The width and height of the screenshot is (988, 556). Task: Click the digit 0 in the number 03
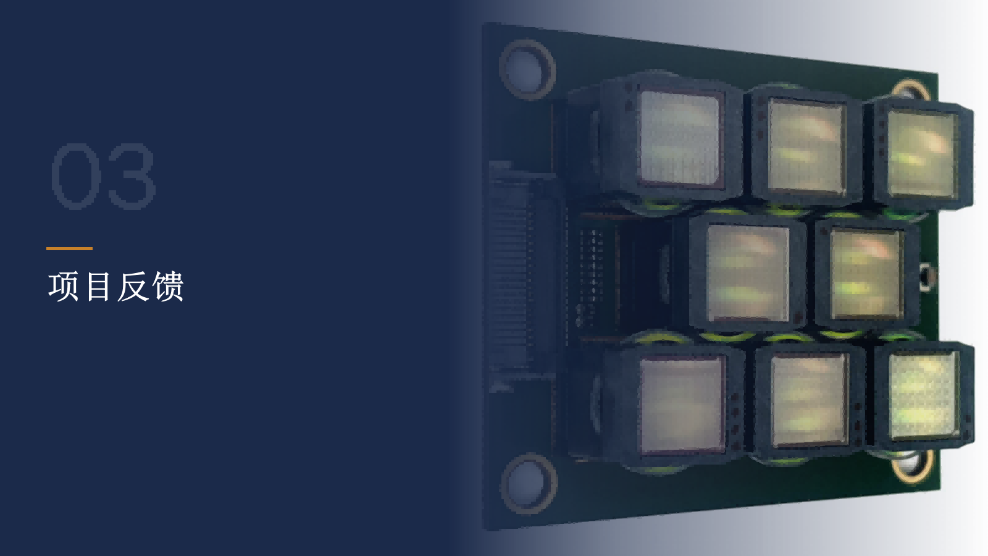(76, 176)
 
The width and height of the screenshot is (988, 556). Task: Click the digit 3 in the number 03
(132, 176)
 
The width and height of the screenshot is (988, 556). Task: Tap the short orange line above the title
(69, 248)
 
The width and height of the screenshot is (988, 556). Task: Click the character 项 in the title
(63, 287)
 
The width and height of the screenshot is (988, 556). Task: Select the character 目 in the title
(98, 287)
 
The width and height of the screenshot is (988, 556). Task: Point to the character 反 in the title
(132, 287)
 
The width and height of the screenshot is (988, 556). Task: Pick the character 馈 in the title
(167, 287)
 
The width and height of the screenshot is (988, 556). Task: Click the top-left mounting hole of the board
(527, 69)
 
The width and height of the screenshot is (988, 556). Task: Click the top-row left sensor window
(680, 138)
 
